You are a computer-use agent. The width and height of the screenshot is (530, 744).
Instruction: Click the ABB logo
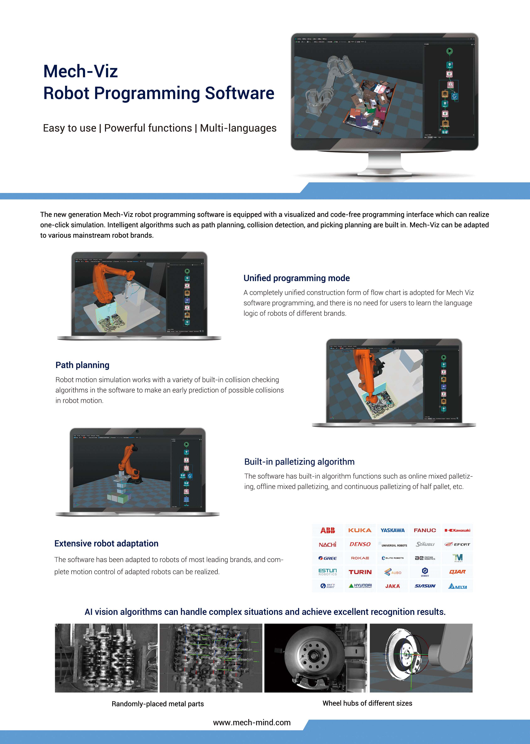(328, 530)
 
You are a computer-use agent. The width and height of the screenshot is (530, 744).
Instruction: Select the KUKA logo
(360, 530)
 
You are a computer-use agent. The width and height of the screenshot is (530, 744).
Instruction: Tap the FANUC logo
(425, 530)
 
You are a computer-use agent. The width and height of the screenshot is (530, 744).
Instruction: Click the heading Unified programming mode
(296, 278)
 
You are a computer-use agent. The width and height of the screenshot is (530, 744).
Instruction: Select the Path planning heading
(82, 365)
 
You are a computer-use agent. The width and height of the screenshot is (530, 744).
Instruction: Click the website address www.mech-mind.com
(252, 722)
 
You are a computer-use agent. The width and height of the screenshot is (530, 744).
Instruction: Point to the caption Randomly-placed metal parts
(157, 704)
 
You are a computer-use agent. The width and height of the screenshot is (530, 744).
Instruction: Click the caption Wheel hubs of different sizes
(367, 703)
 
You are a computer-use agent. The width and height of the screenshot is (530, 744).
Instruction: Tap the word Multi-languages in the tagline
(238, 128)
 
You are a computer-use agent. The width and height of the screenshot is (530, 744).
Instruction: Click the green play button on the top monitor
(449, 51)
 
